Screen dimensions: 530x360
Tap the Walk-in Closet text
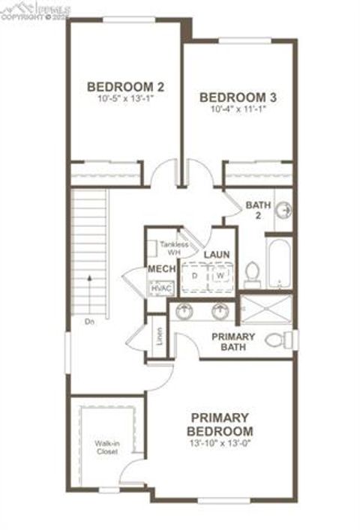pyautogui.click(x=106, y=447)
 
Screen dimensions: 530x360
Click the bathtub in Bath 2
pyautogui.click(x=279, y=265)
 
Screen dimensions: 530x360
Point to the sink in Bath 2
pyautogui.click(x=283, y=211)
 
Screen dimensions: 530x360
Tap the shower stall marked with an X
pyautogui.click(x=266, y=307)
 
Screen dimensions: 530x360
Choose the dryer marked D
pyautogui.click(x=195, y=275)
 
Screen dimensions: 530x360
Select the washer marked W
pyautogui.click(x=220, y=275)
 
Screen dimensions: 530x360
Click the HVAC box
pyautogui.click(x=159, y=287)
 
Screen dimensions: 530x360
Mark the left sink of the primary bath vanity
pyautogui.click(x=184, y=310)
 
